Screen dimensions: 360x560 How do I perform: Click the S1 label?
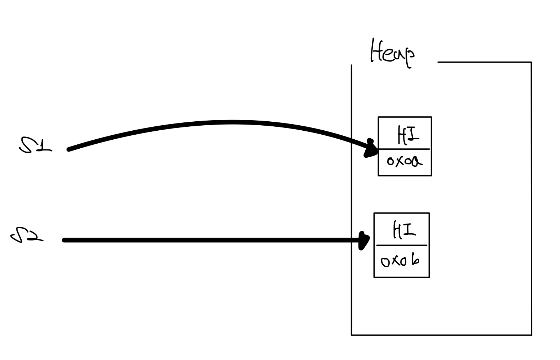point(35,145)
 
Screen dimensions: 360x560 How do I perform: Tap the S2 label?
point(27,235)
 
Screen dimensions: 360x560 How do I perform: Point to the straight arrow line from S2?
point(212,240)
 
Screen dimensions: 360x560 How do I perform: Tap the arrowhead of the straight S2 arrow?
point(364,240)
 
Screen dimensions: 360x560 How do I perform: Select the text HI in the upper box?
point(408,135)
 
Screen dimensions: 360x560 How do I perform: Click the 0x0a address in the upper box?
point(404,161)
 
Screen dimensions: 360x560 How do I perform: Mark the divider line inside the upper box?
point(404,149)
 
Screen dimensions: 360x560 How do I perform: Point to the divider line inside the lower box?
point(401,246)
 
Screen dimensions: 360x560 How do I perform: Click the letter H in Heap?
point(376,51)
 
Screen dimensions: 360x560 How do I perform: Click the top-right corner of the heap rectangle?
point(531,62)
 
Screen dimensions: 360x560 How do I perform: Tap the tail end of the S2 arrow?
point(64,240)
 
